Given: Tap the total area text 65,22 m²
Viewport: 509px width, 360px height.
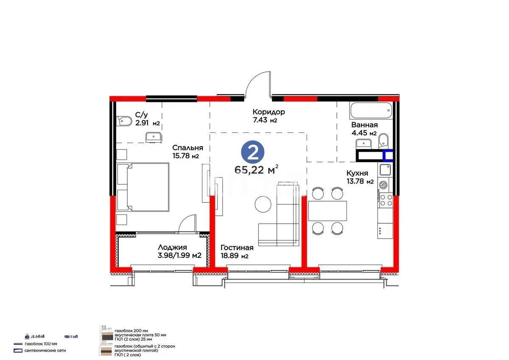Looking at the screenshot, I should pos(256,170).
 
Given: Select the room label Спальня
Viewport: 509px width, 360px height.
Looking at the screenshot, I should pos(187,148).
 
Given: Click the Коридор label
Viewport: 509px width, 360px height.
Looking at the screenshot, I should pos(268,112).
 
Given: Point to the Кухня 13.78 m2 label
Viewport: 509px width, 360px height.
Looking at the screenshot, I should pos(360,177).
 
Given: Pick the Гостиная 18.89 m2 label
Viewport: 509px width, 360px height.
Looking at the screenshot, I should pos(237,251).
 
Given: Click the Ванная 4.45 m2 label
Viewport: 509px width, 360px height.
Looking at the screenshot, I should pos(364,129).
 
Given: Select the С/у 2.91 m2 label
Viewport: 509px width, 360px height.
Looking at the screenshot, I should pos(147,119).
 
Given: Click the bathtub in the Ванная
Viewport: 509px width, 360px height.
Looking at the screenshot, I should pos(370,111).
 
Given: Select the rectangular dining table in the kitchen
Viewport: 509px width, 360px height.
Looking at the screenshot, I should pos(327,211).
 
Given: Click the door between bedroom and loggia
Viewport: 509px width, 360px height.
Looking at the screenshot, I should pos(187,224).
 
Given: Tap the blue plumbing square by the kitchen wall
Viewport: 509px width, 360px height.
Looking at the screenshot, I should pos(388,156).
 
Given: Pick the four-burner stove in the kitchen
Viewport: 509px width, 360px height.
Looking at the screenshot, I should pos(386,200).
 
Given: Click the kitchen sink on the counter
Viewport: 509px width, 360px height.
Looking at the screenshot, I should pos(385,170).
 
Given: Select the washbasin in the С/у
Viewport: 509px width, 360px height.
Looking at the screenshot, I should pos(153,136).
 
